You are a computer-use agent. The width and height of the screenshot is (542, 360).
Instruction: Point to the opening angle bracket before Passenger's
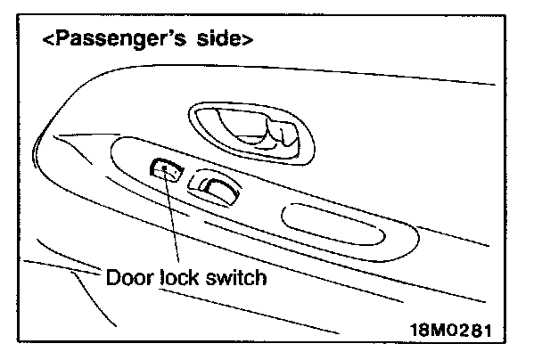[49, 41]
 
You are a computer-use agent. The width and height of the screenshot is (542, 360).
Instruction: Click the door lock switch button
[165, 168]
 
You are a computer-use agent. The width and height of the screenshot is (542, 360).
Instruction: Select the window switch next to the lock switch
[215, 185]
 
